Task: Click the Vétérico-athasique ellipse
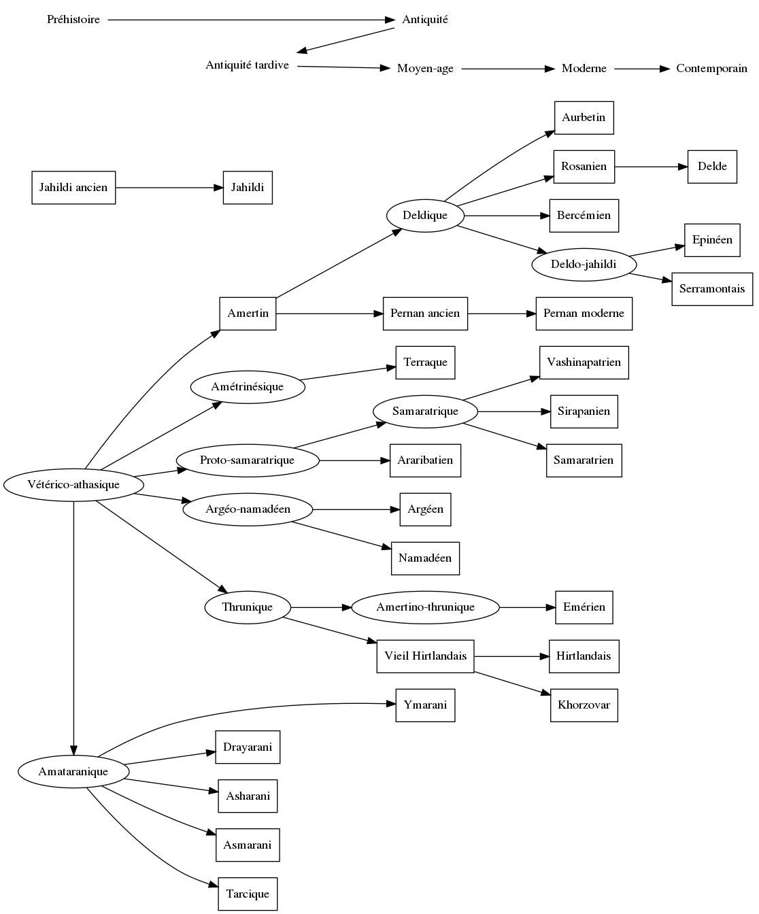pos(73,485)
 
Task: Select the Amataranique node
pos(73,772)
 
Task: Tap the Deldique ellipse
pos(425,216)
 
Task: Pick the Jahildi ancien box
pos(73,188)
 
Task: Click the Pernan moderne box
pos(584,314)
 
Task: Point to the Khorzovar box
pos(584,705)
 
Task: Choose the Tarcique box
pos(248,894)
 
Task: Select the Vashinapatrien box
pos(584,362)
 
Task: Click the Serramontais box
pos(712,289)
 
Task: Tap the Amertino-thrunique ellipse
pos(425,607)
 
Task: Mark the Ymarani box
pos(425,705)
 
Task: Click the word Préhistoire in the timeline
pos(73,20)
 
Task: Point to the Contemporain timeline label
pos(711,69)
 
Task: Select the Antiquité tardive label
pos(248,65)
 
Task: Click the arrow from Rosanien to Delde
pos(651,167)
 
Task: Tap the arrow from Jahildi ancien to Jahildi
pos(169,188)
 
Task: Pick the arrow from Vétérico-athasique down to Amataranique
pos(73,626)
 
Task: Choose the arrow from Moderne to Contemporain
pos(641,69)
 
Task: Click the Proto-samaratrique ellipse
pos(248,460)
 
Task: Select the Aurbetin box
pos(584,118)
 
